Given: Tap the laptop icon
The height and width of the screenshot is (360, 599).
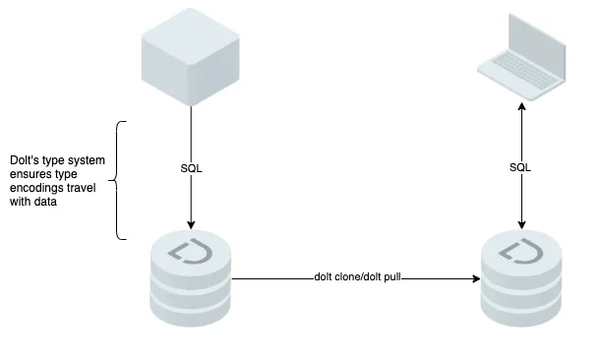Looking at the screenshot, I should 521,61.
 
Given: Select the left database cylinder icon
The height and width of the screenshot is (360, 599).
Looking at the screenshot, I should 190,280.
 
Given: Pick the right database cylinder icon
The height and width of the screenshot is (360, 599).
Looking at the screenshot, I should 521,280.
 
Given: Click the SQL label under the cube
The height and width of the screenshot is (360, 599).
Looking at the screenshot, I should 190,168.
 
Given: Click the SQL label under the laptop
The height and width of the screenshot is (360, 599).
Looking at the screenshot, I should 520,168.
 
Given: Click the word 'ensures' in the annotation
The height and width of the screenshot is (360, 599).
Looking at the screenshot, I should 30,174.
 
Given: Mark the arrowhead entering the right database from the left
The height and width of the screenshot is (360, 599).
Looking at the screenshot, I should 474,279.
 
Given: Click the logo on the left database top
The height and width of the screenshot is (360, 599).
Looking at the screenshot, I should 190,250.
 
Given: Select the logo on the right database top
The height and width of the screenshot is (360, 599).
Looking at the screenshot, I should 521,250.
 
